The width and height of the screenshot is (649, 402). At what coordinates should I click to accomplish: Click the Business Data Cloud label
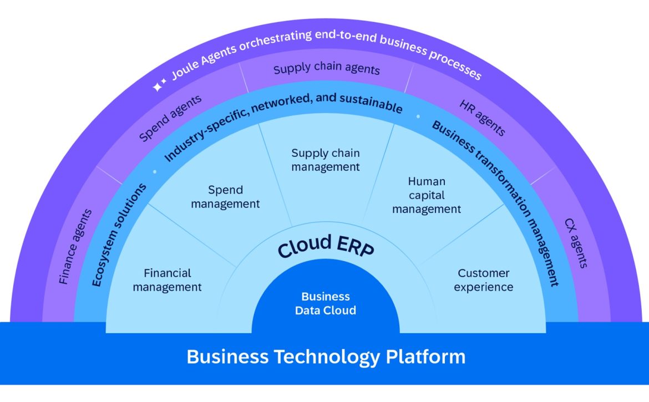326,303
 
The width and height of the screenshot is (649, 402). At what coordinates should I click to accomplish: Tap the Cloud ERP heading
326,247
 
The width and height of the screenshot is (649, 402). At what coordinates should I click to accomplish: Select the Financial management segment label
167,280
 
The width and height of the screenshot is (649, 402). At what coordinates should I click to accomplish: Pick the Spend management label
225,197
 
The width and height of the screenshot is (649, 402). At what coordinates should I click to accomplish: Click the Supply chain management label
326,160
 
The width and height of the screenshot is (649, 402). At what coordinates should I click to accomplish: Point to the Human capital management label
427,195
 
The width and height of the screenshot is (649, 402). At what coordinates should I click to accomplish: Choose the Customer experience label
484,280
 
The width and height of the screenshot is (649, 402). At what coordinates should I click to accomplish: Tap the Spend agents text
170,118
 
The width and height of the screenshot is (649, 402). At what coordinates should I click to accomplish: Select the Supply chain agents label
327,69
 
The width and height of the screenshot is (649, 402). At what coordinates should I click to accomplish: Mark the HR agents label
482,118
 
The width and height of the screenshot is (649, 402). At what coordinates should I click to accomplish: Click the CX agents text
575,243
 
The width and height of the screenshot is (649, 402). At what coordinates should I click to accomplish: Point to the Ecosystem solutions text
120,235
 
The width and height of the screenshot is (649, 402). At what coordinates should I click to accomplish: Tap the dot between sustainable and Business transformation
418,117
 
